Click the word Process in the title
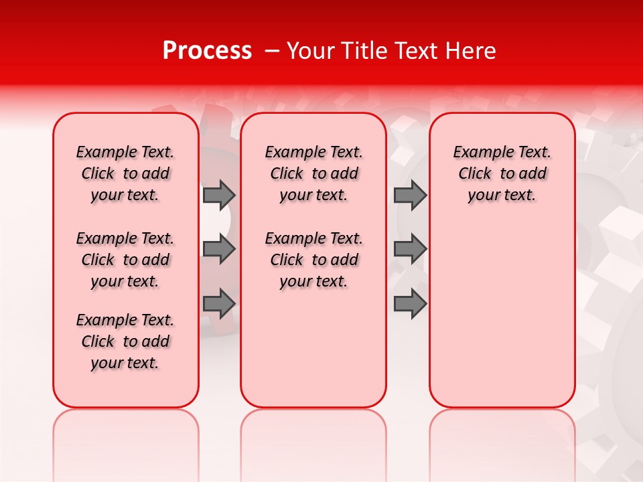207,51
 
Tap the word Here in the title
472,51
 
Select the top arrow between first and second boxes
219,195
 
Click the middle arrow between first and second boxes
219,249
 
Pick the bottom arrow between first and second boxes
219,304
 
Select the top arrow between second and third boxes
410,195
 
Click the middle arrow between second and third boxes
410,249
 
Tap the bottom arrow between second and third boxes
410,304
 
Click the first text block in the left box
125,173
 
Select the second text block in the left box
125,260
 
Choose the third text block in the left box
125,341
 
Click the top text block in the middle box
313,173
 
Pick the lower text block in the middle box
313,260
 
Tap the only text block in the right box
502,173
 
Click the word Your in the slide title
309,51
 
